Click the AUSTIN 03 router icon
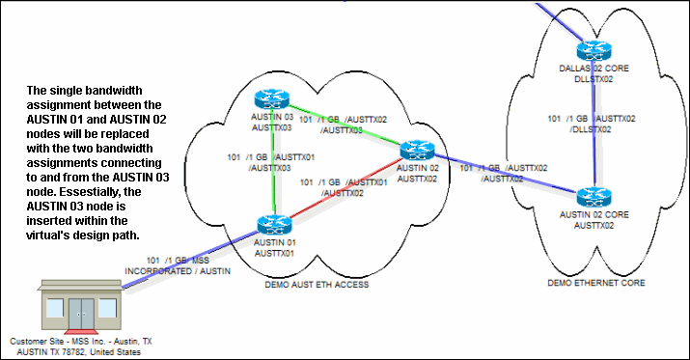pos(267,98)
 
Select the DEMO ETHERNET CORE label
pos(595,283)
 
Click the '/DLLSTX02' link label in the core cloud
pos(590,128)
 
